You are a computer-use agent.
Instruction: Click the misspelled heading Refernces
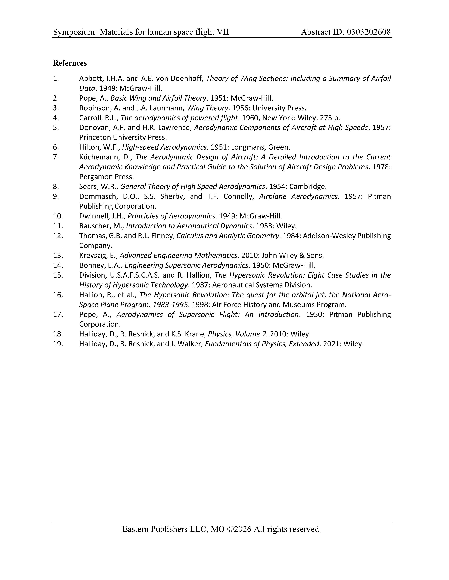click(x=70, y=63)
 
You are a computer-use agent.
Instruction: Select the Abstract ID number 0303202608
click(x=369, y=32)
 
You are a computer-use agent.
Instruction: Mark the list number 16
click(x=58, y=295)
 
